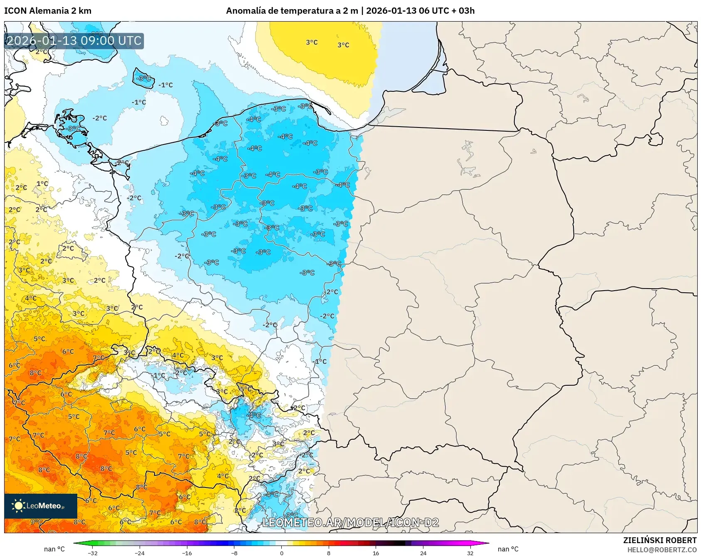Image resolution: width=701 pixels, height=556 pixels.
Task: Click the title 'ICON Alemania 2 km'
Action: [x=48, y=11]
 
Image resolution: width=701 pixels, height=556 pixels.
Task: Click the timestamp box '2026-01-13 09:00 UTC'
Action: [x=74, y=41]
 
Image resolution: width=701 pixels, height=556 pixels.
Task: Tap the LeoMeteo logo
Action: [x=40, y=506]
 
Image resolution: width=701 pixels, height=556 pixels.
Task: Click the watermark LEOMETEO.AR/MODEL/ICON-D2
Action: [x=350, y=522]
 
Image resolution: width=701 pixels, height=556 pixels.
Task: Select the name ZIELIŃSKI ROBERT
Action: [x=659, y=540]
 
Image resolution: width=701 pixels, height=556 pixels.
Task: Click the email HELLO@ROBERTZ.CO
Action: [x=662, y=550]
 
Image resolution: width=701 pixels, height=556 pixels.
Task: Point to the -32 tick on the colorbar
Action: [x=93, y=553]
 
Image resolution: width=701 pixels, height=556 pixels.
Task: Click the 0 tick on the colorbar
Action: [x=282, y=553]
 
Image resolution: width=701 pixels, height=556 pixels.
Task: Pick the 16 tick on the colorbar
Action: [x=376, y=553]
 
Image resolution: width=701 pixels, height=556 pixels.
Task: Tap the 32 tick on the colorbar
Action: [x=470, y=553]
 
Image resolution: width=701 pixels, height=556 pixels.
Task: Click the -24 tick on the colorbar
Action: [x=140, y=553]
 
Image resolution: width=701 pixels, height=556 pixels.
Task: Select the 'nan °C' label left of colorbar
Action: [x=54, y=549]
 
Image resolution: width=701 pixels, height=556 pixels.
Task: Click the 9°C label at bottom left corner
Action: [x=36, y=522]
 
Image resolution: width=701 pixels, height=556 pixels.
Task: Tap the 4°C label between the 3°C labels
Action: [x=178, y=355]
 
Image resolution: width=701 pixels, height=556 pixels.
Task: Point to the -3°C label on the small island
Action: [x=144, y=78]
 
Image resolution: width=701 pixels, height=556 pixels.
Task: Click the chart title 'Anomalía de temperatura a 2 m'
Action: [x=292, y=11]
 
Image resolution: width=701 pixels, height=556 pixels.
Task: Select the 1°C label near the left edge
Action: [x=42, y=184]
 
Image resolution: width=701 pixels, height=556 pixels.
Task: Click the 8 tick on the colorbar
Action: [x=329, y=553]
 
